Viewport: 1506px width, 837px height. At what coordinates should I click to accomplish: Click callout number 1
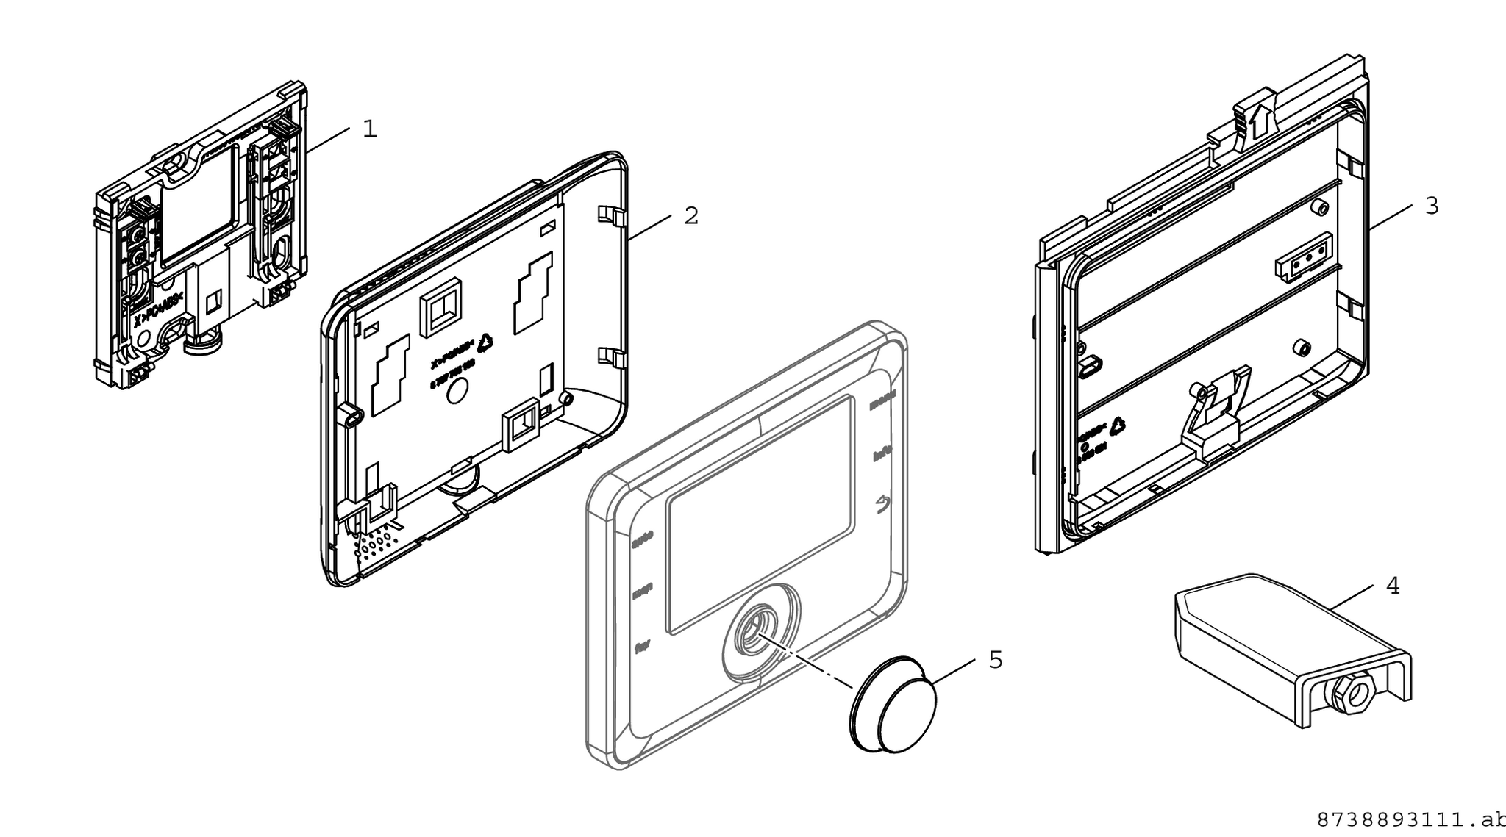click(x=370, y=129)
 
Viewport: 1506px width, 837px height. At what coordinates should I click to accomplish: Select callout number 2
click(x=691, y=215)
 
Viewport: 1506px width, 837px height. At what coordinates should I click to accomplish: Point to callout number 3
click(x=1431, y=206)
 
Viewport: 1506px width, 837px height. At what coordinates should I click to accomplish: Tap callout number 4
click(x=1392, y=586)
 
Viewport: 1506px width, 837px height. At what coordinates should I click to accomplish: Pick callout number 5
click(x=995, y=660)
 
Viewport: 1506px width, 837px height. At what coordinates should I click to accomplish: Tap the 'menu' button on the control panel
click(x=882, y=404)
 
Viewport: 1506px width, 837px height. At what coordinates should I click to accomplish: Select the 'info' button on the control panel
click(x=882, y=456)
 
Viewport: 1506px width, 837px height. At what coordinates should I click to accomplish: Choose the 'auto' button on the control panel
click(x=643, y=544)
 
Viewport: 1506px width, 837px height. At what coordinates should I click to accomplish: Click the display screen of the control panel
click(x=760, y=514)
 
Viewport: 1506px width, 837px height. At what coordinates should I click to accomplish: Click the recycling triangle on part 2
click(x=485, y=342)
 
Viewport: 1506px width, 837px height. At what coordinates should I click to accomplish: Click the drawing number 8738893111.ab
click(x=1410, y=819)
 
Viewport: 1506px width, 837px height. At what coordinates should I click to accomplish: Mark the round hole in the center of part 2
click(x=456, y=392)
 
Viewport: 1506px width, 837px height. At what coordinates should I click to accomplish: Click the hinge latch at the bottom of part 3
click(x=1213, y=419)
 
